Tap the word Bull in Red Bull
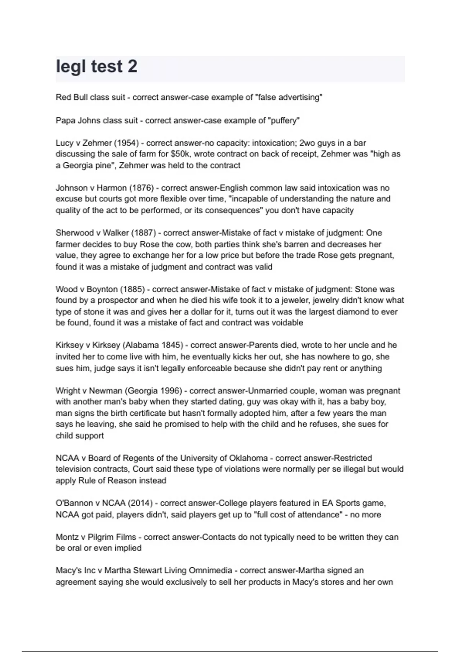(x=80, y=97)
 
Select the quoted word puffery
(x=285, y=120)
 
